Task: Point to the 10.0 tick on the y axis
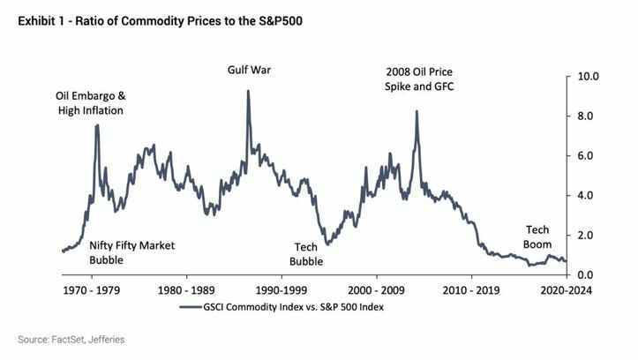[x=589, y=77]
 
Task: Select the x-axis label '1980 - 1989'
[x=186, y=289]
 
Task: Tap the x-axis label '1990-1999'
[x=281, y=289]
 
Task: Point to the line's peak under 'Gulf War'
[x=248, y=91]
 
